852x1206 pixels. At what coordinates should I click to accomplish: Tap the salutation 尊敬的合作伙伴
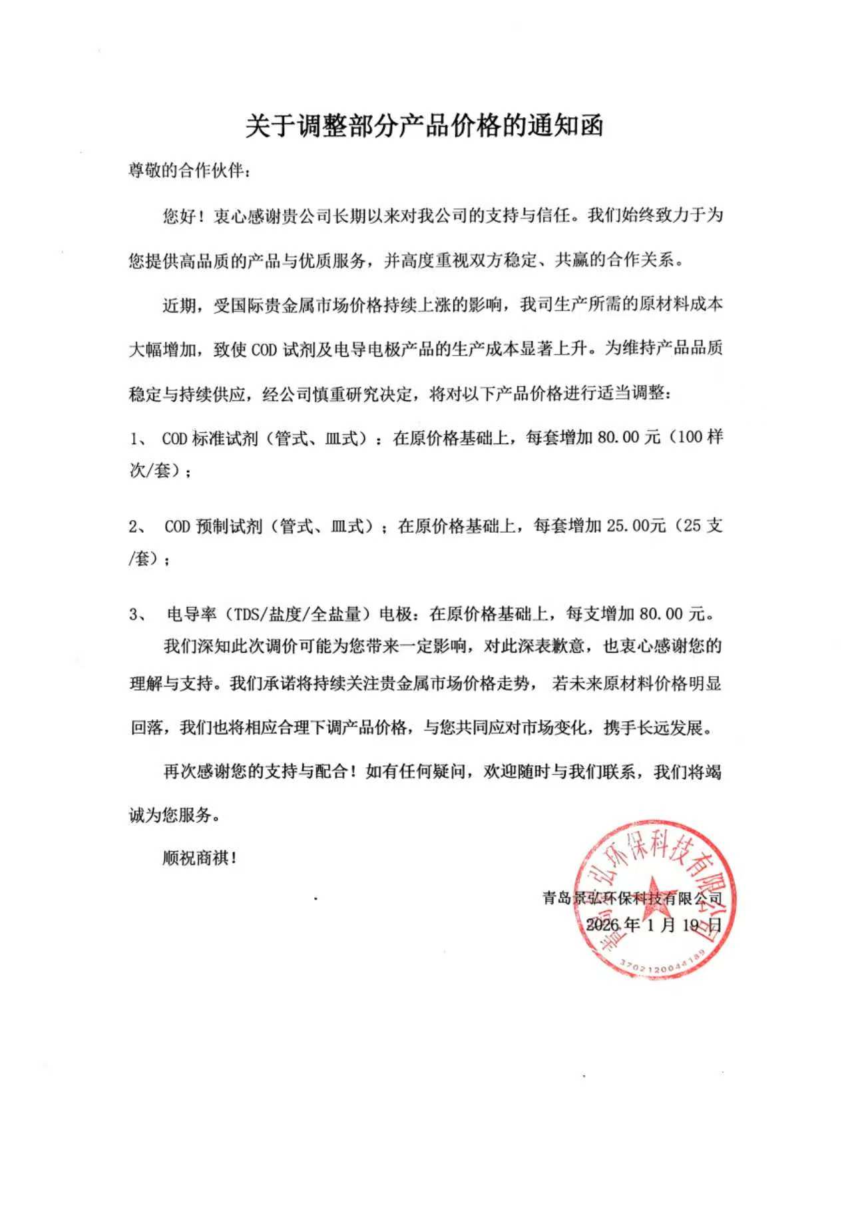(x=190, y=171)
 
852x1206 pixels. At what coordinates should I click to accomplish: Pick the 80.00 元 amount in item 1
(x=628, y=438)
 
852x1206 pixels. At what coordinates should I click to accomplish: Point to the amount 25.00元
(x=636, y=526)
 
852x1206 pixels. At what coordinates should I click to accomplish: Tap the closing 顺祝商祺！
(x=200, y=858)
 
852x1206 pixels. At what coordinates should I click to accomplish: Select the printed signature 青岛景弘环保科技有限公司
(x=632, y=899)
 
